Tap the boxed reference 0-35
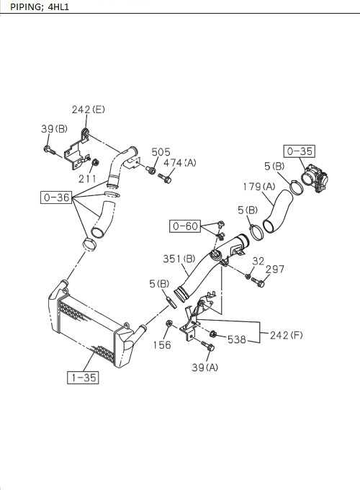[299, 151]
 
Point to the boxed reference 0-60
[184, 226]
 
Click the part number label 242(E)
[88, 110]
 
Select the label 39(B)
[54, 129]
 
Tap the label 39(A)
[205, 367]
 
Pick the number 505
[161, 152]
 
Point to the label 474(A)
[180, 163]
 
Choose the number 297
[275, 269]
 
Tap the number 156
[162, 345]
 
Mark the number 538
[237, 338]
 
